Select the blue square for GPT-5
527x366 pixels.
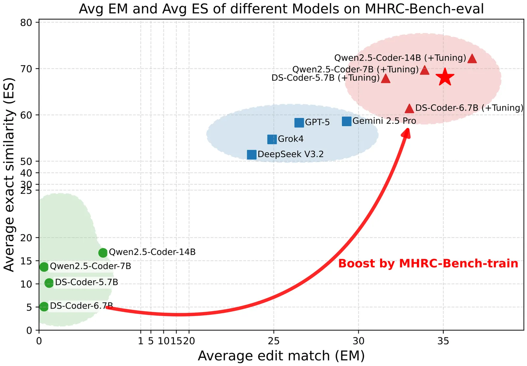(299, 123)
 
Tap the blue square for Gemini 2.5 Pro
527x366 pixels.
(347, 121)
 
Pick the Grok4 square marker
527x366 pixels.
(272, 139)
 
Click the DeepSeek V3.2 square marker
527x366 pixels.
(252, 154)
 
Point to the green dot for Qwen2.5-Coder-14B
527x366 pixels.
(103, 253)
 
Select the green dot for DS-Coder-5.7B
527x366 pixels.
(49, 283)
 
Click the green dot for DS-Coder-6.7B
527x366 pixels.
(44, 306)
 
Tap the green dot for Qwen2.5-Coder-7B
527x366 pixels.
(44, 267)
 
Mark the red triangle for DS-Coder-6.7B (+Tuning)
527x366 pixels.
(409, 108)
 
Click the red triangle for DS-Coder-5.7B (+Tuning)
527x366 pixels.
(385, 79)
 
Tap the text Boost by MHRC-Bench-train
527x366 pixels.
(428, 264)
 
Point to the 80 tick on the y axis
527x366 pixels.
(27, 22)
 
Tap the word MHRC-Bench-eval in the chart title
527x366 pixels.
(424, 9)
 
